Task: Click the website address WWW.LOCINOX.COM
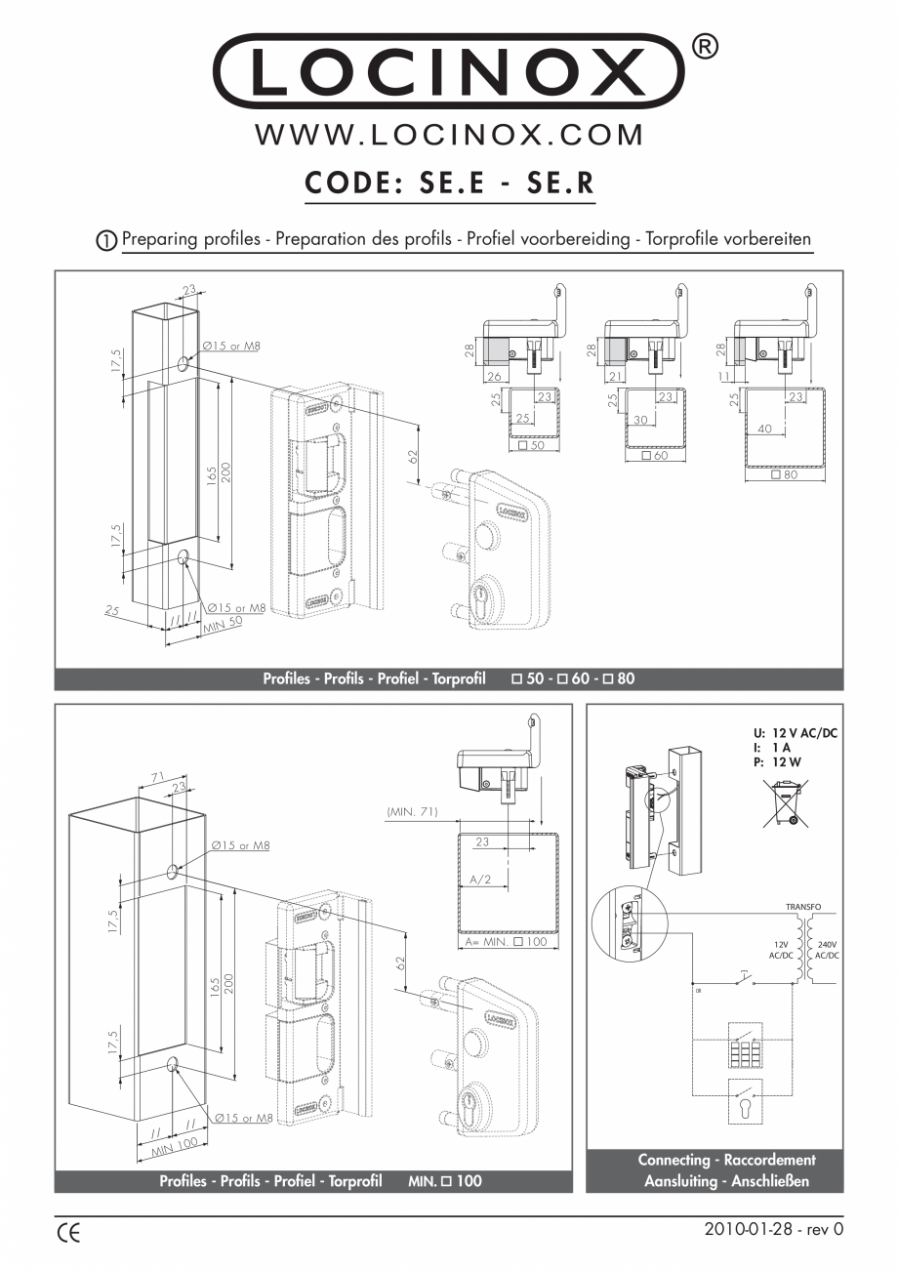(x=449, y=135)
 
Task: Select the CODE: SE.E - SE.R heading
(x=449, y=183)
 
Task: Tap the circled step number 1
(x=106, y=240)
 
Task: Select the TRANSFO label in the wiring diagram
(x=804, y=907)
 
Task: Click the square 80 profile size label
(x=783, y=475)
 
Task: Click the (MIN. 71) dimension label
(x=412, y=811)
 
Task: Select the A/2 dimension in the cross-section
(x=479, y=879)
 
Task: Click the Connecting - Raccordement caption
(x=726, y=1161)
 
